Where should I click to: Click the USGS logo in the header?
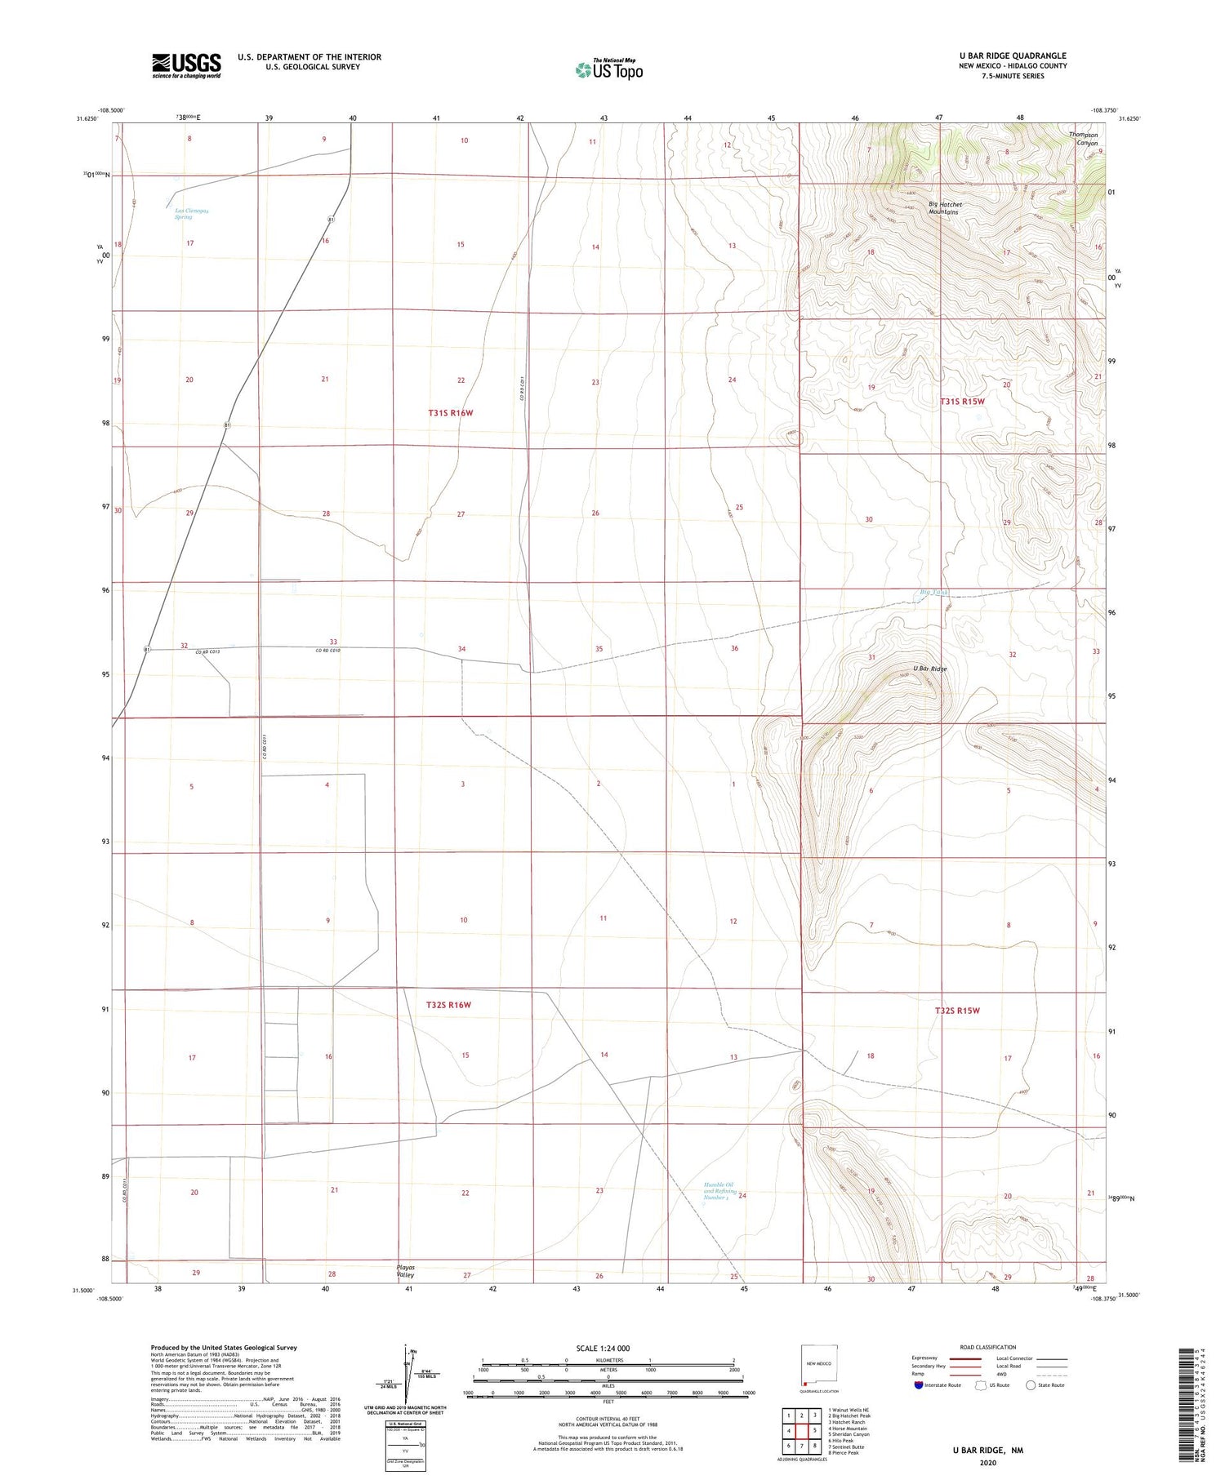[186, 65]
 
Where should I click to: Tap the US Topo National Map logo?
[608, 69]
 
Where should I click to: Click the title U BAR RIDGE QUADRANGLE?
[1013, 56]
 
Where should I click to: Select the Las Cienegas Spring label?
[191, 214]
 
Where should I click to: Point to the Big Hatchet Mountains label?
[945, 208]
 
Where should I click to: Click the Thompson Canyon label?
[1086, 139]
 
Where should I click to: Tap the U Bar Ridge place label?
[929, 669]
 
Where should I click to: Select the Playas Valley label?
[405, 1271]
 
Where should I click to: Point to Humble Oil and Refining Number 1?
[719, 1191]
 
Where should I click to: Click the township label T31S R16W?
[450, 413]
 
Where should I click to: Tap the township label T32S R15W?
[957, 1011]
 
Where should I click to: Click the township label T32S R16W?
[448, 1005]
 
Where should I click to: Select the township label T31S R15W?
[962, 402]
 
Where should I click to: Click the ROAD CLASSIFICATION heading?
[988, 1347]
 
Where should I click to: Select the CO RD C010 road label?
[327, 651]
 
